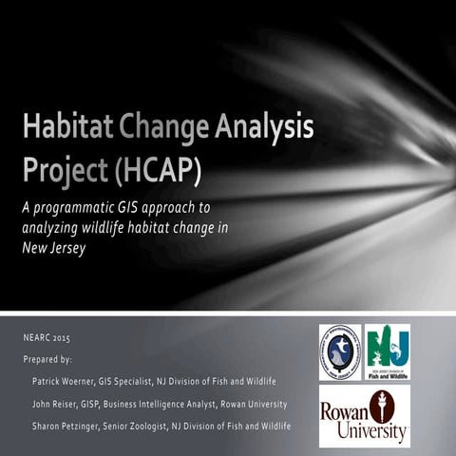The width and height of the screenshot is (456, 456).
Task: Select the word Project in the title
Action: tap(63, 170)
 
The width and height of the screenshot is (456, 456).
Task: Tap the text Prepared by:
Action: tap(47, 359)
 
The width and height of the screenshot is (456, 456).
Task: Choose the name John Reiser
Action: tap(56, 404)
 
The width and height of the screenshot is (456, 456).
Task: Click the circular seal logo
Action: tap(339, 352)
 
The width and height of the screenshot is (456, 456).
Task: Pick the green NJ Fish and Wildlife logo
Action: tap(388, 351)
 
